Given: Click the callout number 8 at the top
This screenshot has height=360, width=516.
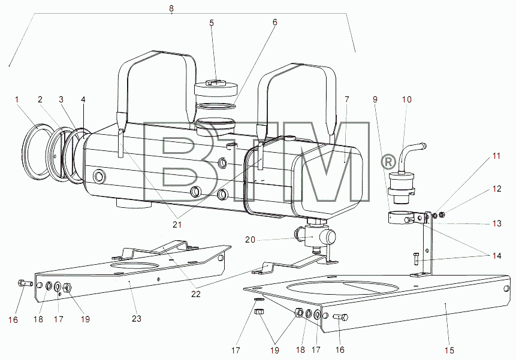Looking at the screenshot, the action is tap(171, 8).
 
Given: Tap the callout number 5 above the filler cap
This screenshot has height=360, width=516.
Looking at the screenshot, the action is tap(212, 23).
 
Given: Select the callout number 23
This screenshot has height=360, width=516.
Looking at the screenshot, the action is tap(137, 318).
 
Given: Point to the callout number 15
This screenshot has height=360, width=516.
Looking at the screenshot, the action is tap(449, 350).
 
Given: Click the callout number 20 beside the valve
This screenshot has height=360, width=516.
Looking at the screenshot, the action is tap(250, 240).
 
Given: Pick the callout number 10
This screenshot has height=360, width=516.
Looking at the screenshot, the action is tap(407, 99).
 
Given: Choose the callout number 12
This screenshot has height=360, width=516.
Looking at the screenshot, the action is tap(497, 189).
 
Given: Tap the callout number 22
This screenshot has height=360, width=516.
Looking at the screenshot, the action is tap(196, 294).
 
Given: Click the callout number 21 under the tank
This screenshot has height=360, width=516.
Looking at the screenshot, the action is tap(177, 225).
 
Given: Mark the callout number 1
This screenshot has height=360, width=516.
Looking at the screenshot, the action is tap(17, 99).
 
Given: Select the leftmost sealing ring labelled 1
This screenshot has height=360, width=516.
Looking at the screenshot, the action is tap(38, 150).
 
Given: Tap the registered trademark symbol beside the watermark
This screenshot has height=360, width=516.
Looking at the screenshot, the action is tap(388, 162).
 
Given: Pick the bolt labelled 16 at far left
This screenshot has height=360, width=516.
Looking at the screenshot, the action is tap(25, 283).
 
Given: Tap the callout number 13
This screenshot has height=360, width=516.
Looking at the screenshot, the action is tap(497, 223).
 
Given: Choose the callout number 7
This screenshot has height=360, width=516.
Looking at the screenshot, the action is tap(346, 99).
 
